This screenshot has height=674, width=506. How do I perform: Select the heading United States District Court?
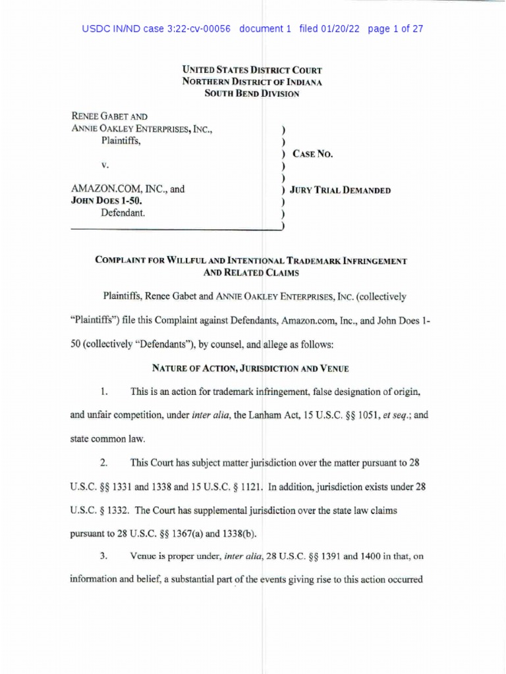252,70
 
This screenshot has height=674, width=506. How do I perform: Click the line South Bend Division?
252,93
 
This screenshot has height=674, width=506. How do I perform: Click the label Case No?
312,154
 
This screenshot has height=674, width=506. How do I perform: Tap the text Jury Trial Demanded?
341,190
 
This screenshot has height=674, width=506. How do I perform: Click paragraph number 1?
104,392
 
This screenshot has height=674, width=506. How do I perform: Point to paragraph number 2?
104,463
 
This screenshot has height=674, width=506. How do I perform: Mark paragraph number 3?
104,556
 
